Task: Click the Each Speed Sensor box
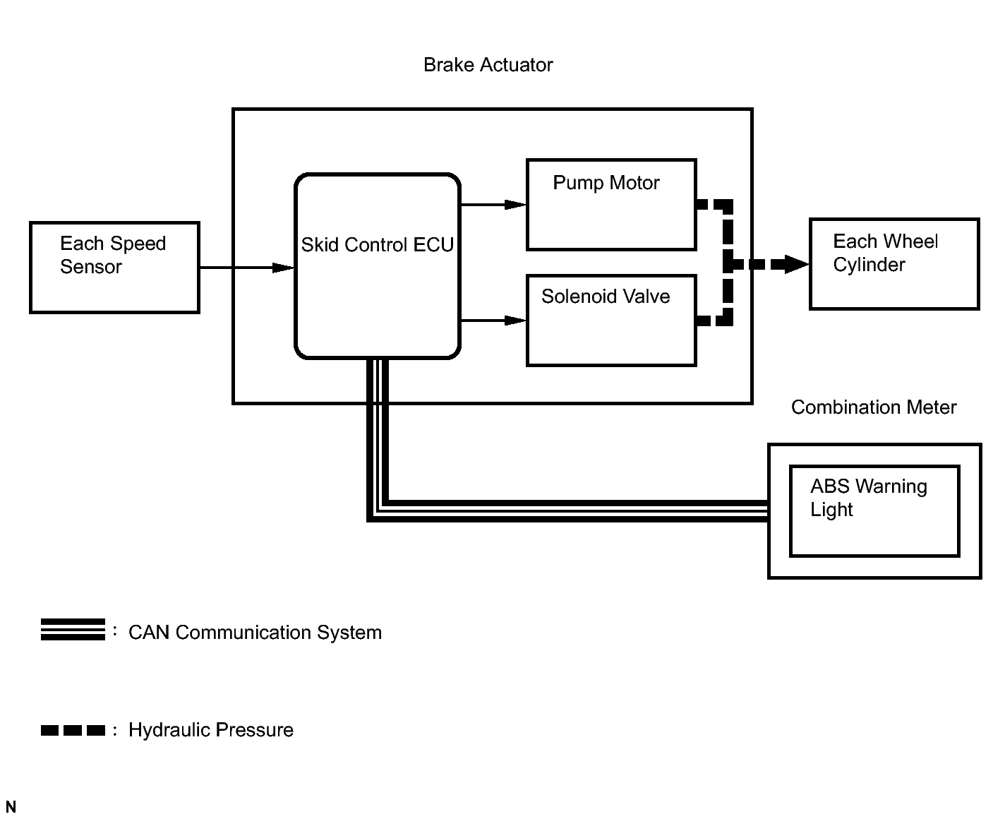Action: pyautogui.click(x=114, y=268)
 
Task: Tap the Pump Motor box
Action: pyautogui.click(x=611, y=205)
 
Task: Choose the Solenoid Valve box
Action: pyautogui.click(x=611, y=321)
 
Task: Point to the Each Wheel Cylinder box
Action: pyautogui.click(x=894, y=264)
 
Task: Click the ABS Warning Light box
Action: pyautogui.click(x=874, y=510)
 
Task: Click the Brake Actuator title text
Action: pyautogui.click(x=488, y=65)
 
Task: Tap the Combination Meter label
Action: pyautogui.click(x=874, y=407)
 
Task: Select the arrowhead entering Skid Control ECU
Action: pyautogui.click(x=284, y=268)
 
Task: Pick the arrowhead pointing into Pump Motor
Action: pyautogui.click(x=516, y=205)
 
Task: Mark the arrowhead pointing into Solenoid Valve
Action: pyautogui.click(x=516, y=321)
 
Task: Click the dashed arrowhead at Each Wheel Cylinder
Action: pyautogui.click(x=797, y=265)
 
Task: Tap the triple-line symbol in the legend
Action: pyautogui.click(x=73, y=629)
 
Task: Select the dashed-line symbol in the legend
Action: pyautogui.click(x=73, y=730)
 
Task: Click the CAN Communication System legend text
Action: pyautogui.click(x=255, y=633)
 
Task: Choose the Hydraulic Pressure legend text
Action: pyautogui.click(x=211, y=730)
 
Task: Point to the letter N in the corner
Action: pyautogui.click(x=11, y=807)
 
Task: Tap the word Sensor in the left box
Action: pyautogui.click(x=91, y=267)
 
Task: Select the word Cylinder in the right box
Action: pyautogui.click(x=869, y=265)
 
